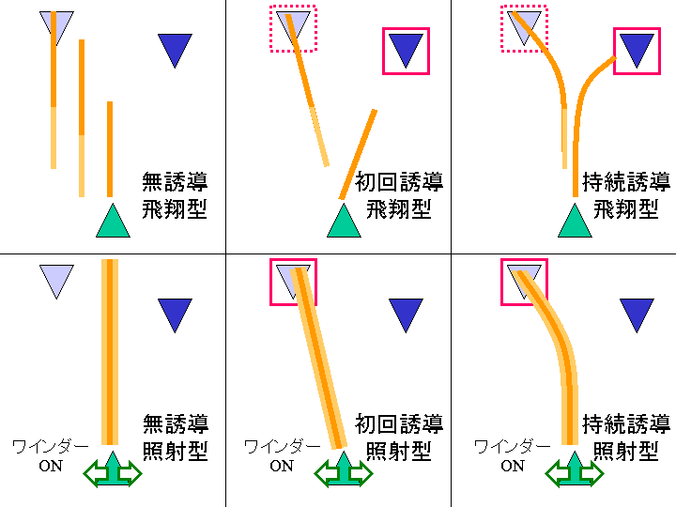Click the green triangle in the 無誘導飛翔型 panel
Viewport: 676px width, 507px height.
point(112,223)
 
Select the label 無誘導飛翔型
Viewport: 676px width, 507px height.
point(175,194)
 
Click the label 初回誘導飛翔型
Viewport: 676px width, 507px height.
point(399,194)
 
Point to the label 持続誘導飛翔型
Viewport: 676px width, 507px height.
point(626,194)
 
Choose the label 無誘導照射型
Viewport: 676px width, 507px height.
point(175,437)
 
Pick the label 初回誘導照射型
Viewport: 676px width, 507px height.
point(399,437)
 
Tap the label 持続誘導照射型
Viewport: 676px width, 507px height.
point(626,437)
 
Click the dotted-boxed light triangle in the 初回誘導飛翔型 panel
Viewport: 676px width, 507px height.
point(293,26)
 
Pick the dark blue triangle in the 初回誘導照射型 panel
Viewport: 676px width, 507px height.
point(406,314)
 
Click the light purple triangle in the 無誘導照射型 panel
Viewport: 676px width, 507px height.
point(56,279)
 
